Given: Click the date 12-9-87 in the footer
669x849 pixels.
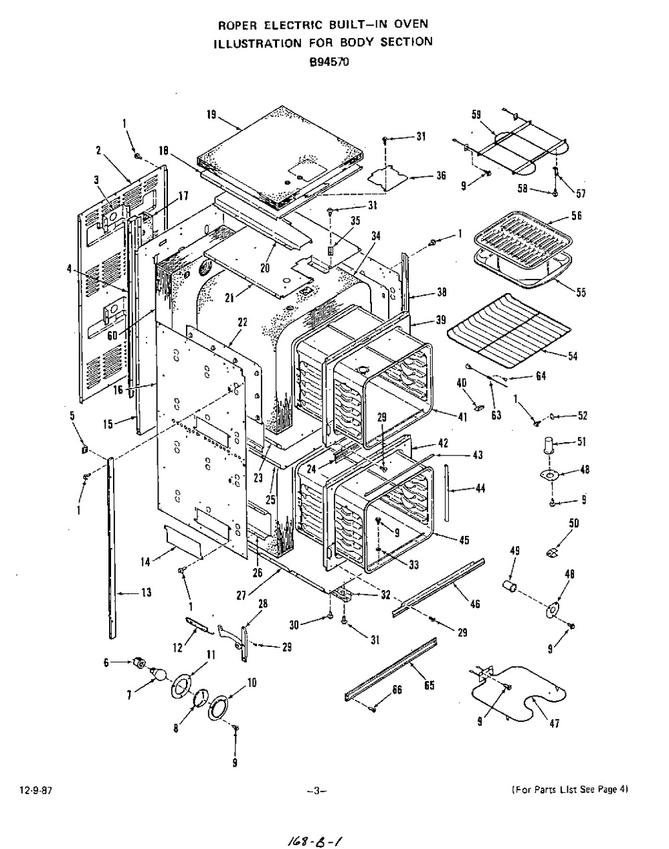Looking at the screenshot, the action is click(x=35, y=790).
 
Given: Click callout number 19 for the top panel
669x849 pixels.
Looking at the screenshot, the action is click(x=211, y=115).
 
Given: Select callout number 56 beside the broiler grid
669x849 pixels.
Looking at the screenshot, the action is click(x=577, y=215).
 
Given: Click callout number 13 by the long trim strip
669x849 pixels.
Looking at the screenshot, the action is click(x=147, y=592).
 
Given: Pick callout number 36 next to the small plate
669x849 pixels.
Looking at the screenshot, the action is click(x=441, y=175).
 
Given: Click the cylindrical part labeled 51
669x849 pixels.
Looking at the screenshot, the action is click(x=551, y=445).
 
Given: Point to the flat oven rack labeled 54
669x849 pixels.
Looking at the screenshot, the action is click(x=509, y=331).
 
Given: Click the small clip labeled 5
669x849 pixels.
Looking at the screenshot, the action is click(x=84, y=450).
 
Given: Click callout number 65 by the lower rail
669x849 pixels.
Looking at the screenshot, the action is click(x=429, y=685).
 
